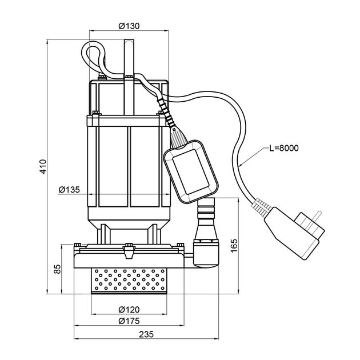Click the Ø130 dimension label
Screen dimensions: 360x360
tap(130, 25)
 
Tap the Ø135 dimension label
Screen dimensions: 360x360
tap(69, 190)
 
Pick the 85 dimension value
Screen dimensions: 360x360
tap(58, 268)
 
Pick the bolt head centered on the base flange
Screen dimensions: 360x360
tap(128, 247)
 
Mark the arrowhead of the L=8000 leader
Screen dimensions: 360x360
tap(242, 165)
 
